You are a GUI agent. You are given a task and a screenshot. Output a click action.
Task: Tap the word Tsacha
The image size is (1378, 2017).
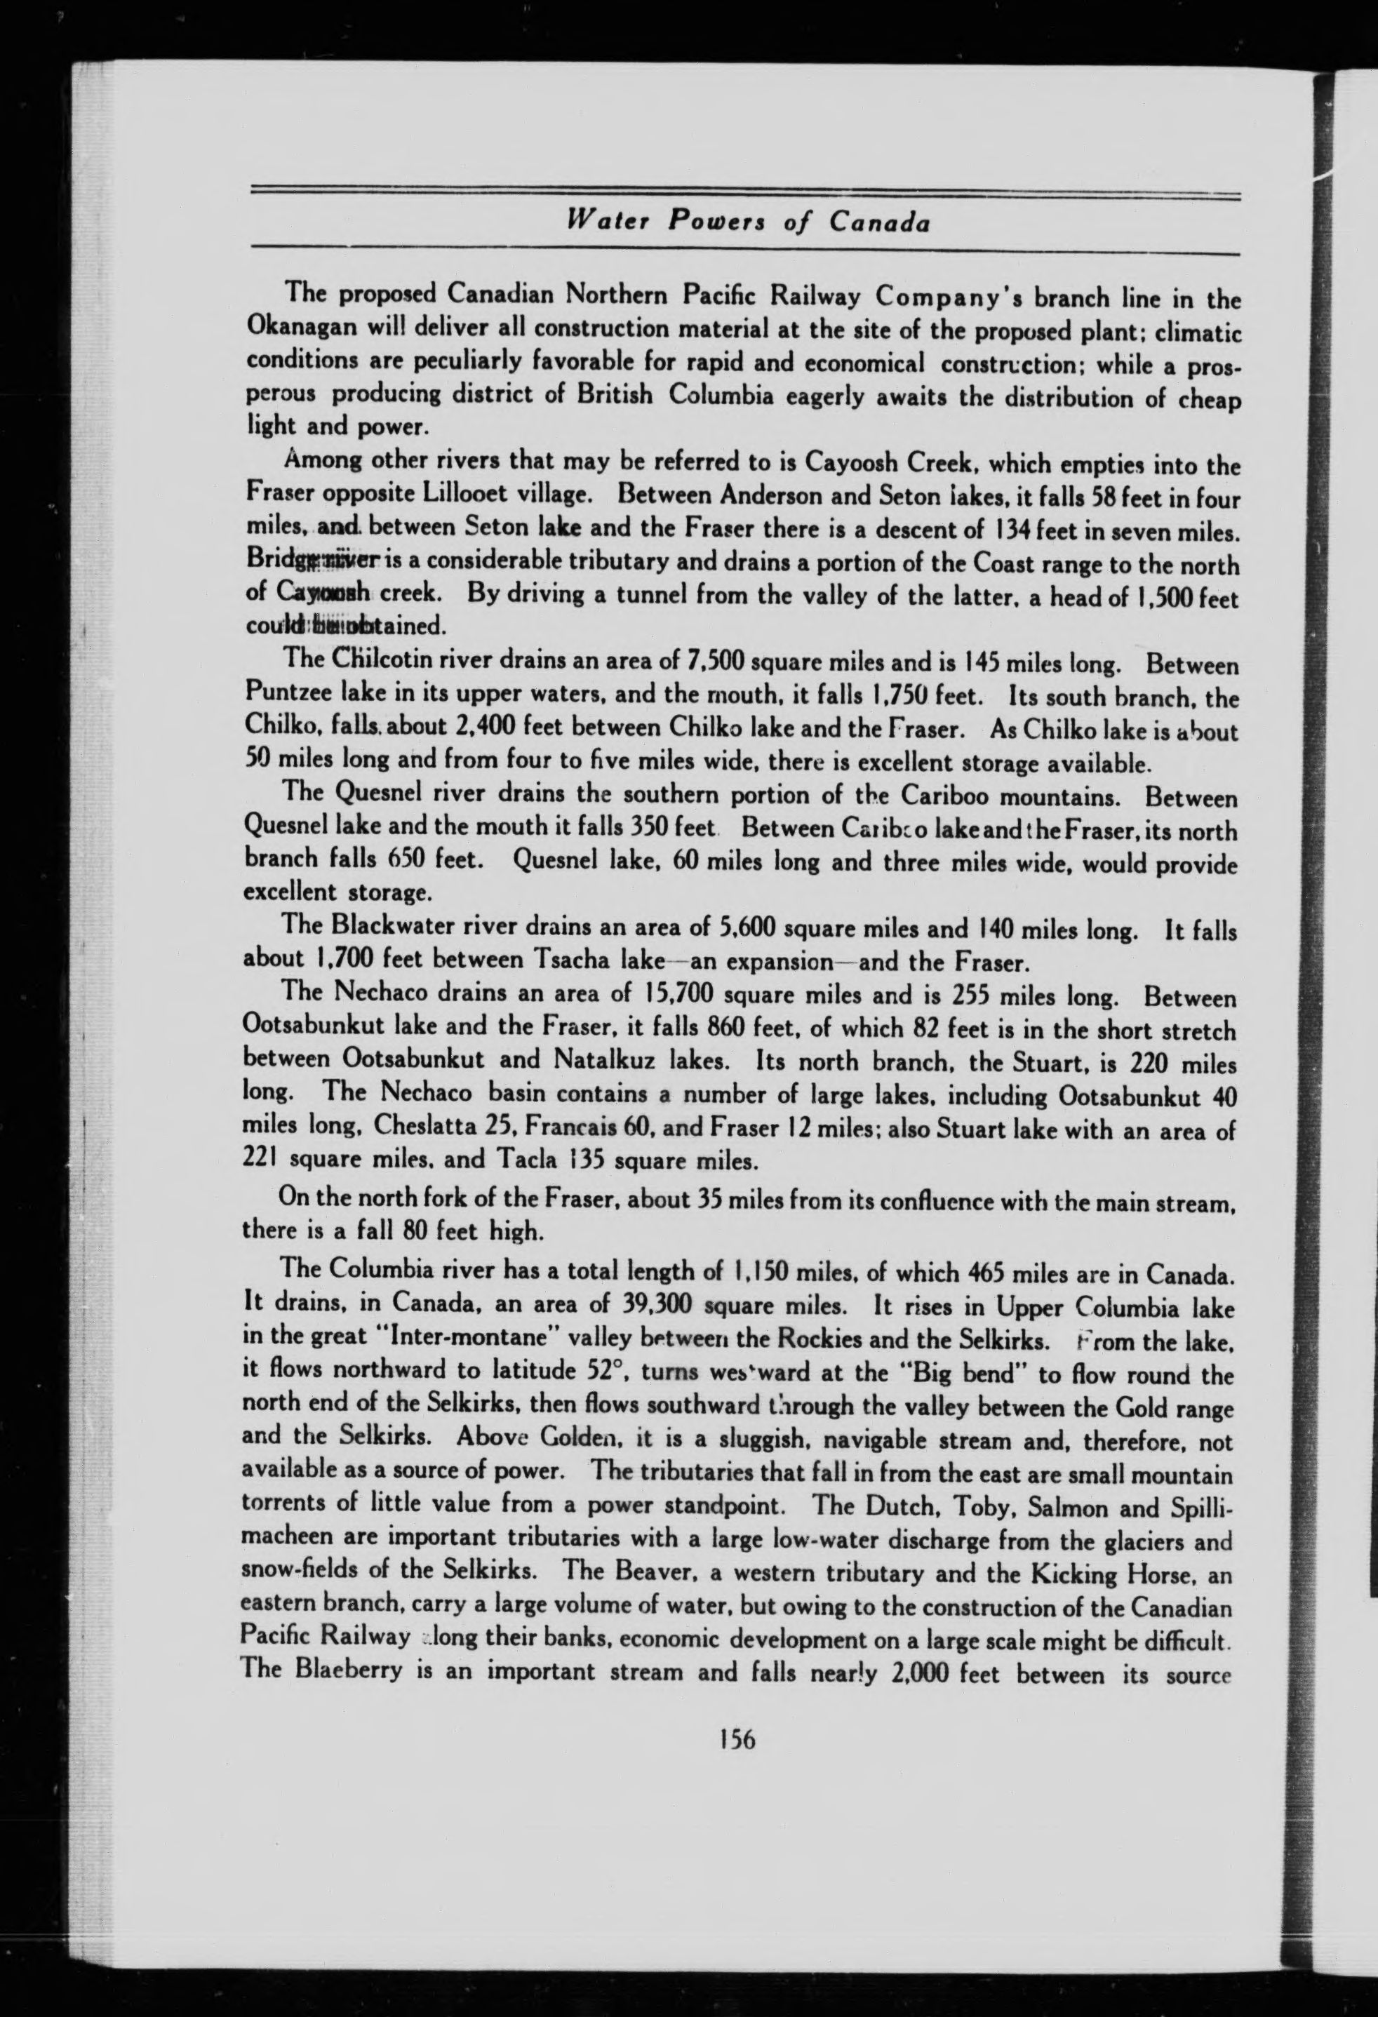[574, 960]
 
